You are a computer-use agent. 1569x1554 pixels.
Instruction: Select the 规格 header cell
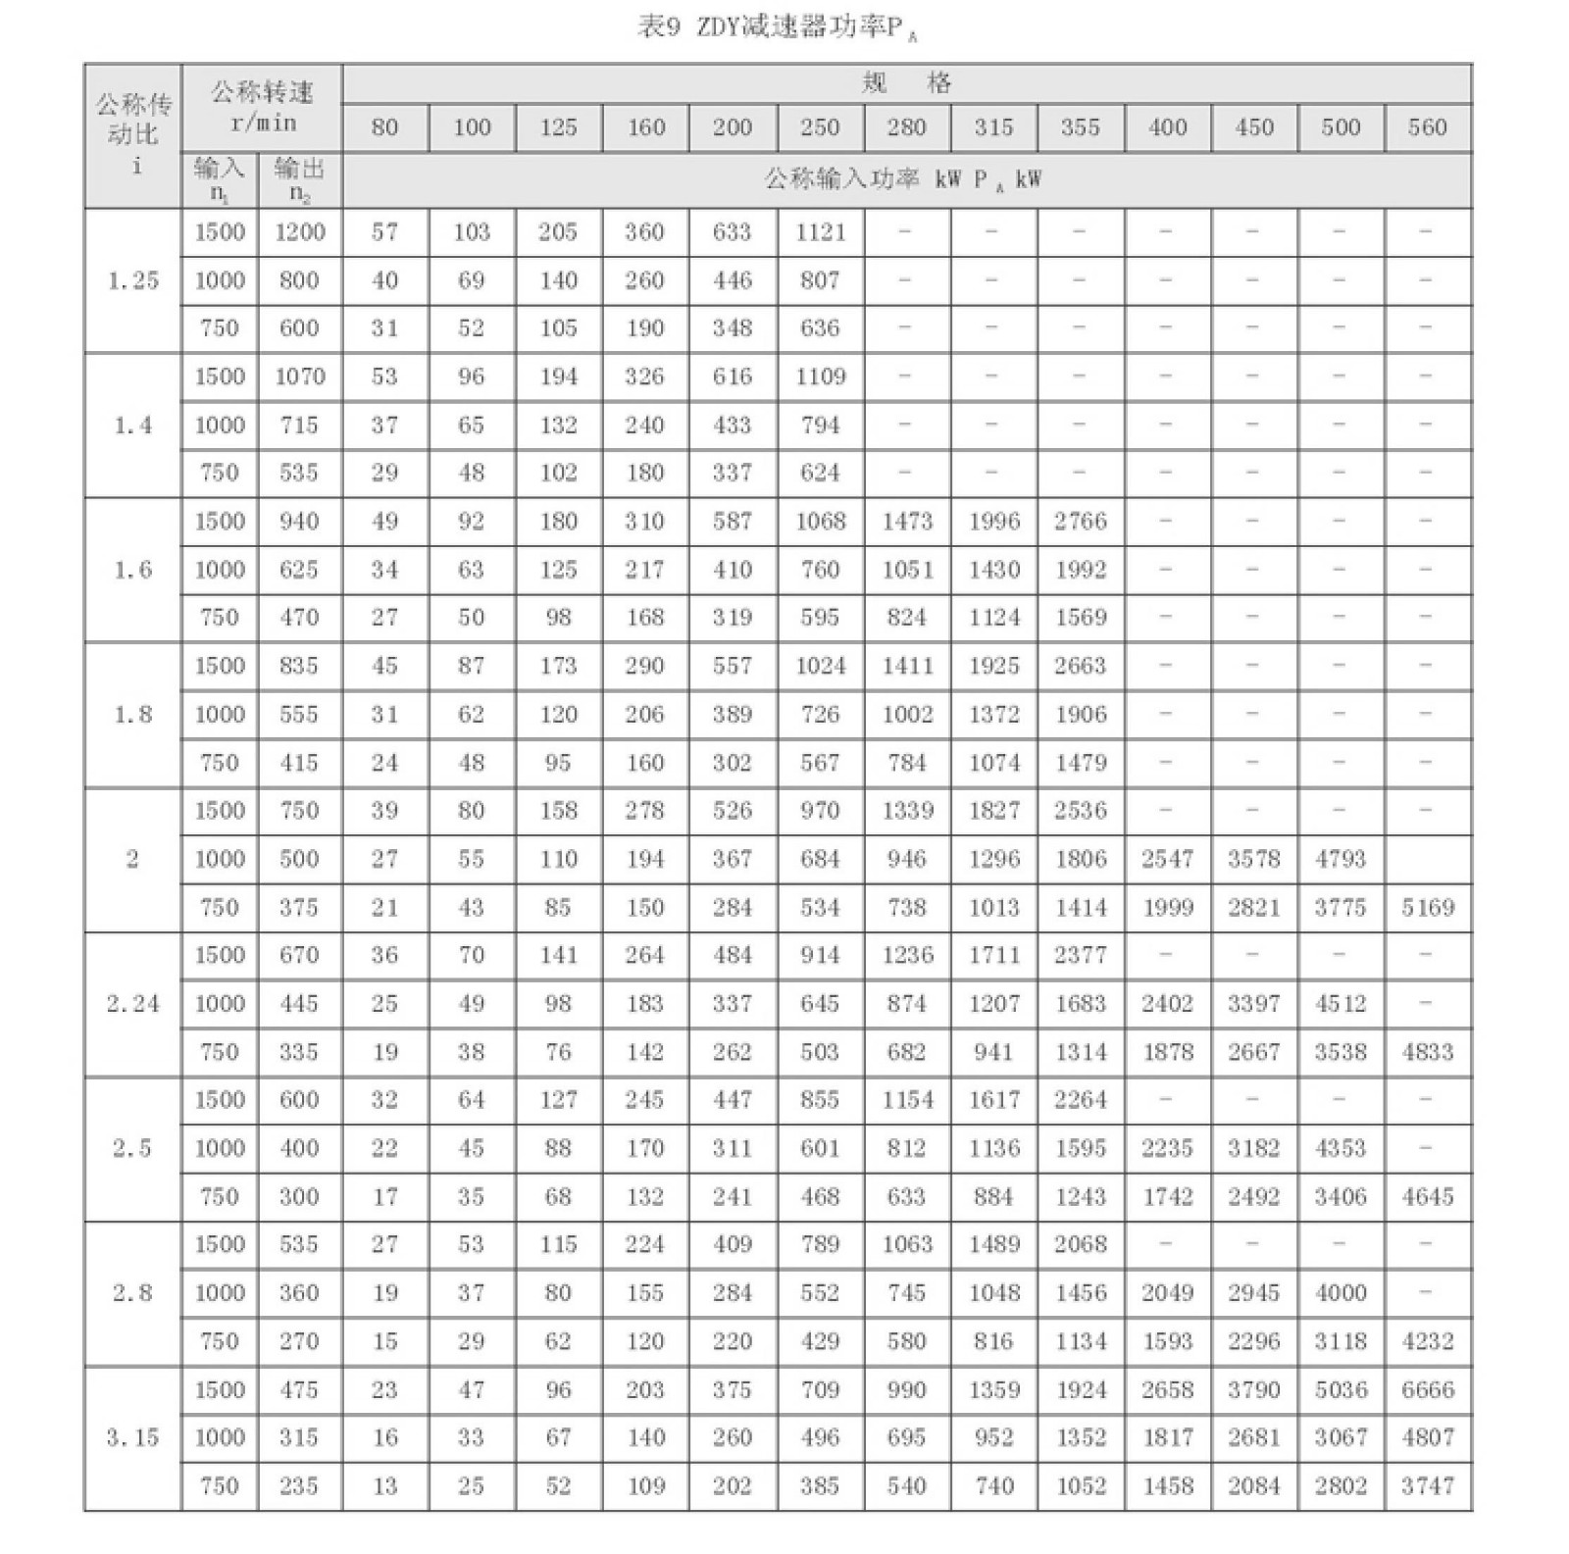906,83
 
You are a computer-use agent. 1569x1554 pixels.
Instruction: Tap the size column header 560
1427,127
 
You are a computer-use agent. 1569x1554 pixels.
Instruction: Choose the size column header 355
1080,127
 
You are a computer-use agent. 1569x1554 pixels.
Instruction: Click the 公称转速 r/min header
262,107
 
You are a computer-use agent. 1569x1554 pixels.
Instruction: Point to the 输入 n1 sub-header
219,179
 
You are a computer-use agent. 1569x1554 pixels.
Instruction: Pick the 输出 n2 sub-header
299,179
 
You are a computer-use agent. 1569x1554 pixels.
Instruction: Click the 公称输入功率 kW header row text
902,179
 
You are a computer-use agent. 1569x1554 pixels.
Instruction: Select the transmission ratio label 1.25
132,280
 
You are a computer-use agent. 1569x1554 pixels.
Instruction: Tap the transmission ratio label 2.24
132,1004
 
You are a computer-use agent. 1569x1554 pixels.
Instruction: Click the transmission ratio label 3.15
132,1437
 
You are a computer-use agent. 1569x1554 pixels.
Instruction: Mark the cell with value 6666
1427,1389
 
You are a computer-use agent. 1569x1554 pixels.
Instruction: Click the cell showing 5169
1427,907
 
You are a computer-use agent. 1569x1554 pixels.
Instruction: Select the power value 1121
820,232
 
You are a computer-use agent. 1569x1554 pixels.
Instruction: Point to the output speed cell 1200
299,232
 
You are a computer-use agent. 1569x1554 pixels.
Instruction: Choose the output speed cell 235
299,1485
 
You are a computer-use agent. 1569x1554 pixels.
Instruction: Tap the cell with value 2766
1080,522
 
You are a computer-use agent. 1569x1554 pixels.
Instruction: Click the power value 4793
1340,859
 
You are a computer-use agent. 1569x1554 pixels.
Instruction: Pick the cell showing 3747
1427,1485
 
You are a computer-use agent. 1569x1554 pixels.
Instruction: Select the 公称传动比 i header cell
132,134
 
